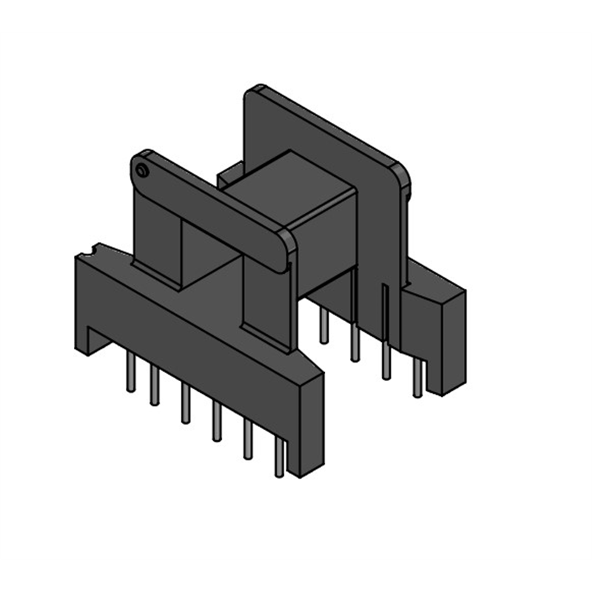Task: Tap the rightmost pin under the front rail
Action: tap(279, 458)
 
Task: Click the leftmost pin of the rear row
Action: tap(323, 326)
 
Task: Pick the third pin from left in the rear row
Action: tap(386, 363)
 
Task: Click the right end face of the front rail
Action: tap(310, 425)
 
